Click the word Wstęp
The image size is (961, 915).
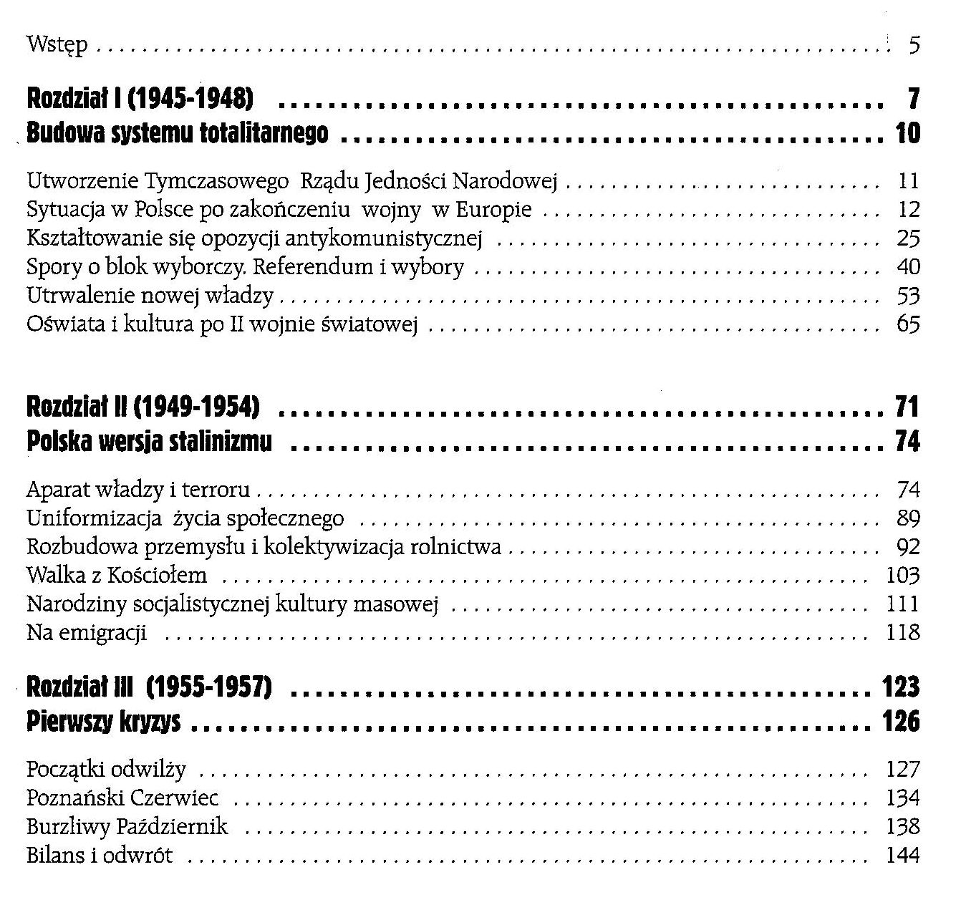click(x=57, y=45)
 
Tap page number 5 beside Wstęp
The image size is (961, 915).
click(x=914, y=46)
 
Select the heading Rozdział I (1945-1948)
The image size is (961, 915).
click(x=140, y=98)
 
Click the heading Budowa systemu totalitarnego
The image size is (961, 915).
click(x=177, y=133)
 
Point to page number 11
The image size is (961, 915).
click(x=907, y=180)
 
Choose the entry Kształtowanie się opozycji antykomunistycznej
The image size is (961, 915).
click(x=254, y=238)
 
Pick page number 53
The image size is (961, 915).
click(x=907, y=296)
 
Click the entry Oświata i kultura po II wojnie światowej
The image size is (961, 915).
click(x=222, y=324)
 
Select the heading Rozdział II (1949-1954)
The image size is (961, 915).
click(x=143, y=407)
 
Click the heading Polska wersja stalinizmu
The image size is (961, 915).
click(x=149, y=442)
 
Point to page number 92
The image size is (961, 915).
click(x=907, y=547)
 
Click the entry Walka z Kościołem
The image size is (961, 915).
click(x=117, y=576)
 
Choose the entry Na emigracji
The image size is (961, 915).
click(x=87, y=633)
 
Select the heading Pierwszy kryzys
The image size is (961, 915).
click(x=103, y=722)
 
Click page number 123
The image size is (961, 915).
click(x=901, y=687)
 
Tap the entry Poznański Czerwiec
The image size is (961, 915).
click(x=122, y=798)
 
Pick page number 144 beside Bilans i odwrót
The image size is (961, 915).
click(x=902, y=855)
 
